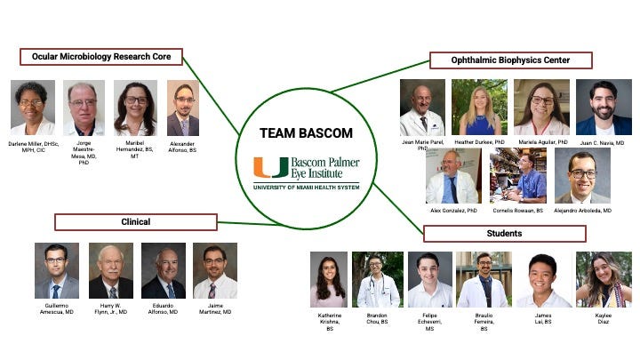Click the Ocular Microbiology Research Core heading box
[100, 57]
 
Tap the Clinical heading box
[135, 221]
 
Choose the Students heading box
[504, 234]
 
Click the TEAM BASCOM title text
[306, 133]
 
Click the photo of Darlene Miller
[32, 108]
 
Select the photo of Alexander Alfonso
[182, 109]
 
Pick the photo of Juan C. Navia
[604, 107]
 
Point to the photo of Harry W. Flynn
[110, 270]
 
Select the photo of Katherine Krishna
[328, 279]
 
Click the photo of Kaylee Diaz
[604, 279]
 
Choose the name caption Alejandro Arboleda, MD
[583, 211]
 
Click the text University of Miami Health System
[307, 186]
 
